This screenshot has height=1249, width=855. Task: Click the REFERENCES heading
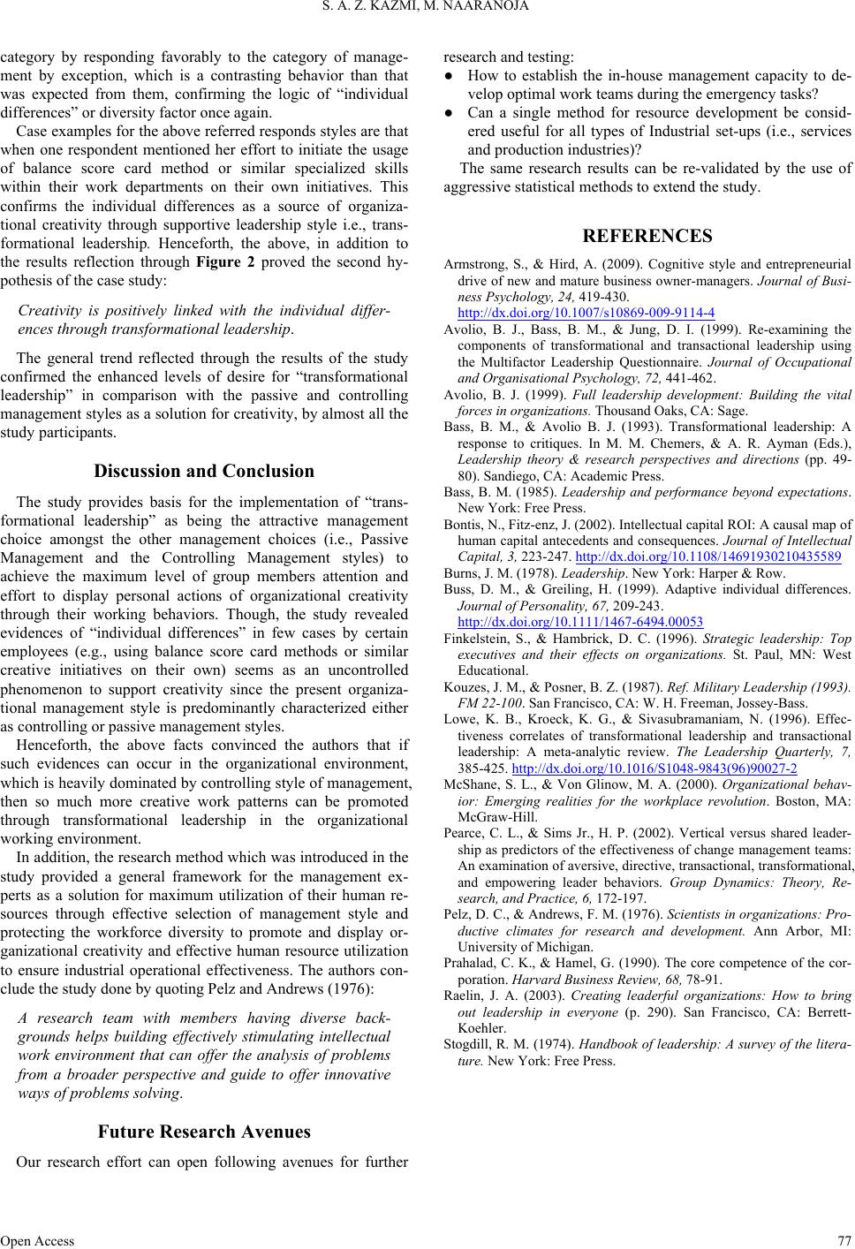pyautogui.click(x=647, y=235)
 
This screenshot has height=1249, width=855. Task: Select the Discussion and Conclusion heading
pyautogui.click(x=204, y=471)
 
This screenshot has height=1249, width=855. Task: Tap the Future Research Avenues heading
pyautogui.click(x=204, y=1132)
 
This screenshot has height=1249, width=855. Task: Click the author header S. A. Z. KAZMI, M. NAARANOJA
pyautogui.click(x=427, y=8)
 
